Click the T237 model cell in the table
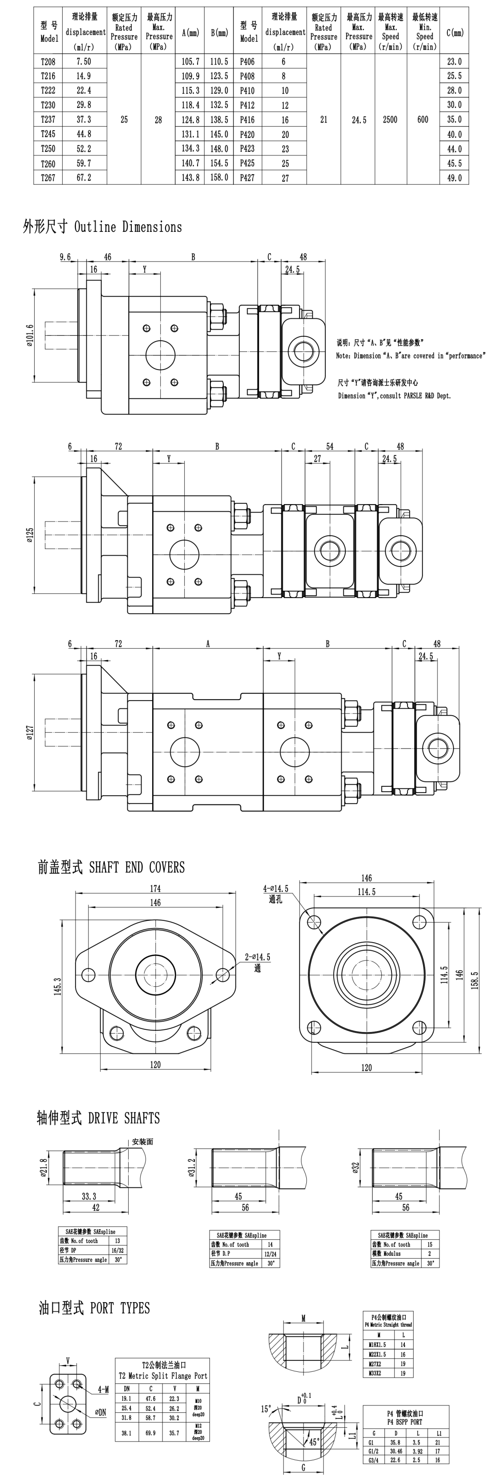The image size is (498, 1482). (x=48, y=120)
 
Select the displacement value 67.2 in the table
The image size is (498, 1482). (x=83, y=178)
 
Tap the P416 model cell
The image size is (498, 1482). (x=247, y=120)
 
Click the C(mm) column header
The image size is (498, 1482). (x=455, y=33)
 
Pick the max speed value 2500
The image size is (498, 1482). (x=390, y=120)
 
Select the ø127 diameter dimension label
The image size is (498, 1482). (x=30, y=733)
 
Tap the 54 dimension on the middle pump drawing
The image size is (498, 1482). (x=329, y=446)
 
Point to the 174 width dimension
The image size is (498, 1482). (x=155, y=888)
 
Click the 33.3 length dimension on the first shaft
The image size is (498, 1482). (x=89, y=1196)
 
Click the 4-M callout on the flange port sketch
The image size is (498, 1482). (x=103, y=1389)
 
